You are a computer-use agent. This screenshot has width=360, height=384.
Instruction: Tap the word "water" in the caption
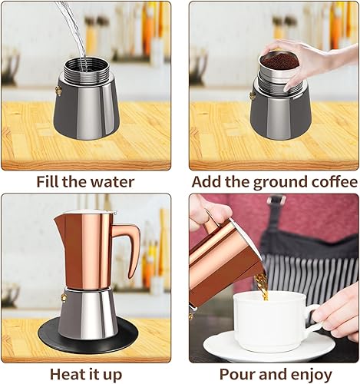point(112,183)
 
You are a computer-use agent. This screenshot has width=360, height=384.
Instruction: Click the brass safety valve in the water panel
point(56,91)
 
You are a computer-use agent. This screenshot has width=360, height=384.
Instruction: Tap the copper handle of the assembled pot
point(127,246)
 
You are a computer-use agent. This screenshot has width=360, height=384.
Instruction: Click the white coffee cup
point(269,323)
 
